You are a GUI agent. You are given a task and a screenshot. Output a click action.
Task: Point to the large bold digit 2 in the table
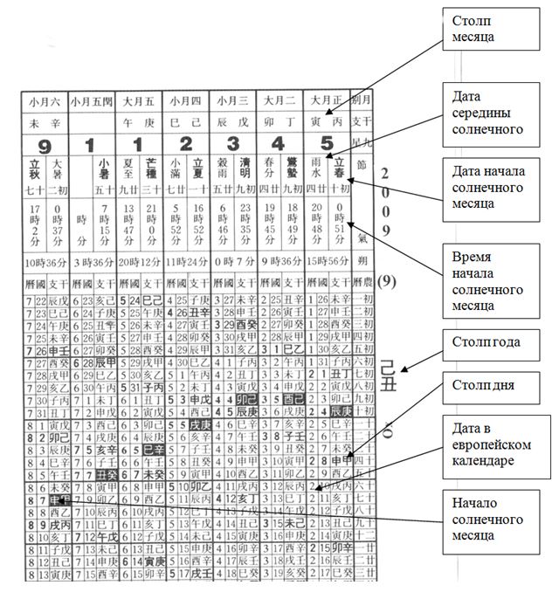pyautogui.click(x=186, y=143)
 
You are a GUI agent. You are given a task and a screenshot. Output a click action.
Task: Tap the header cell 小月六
pyautogui.click(x=44, y=100)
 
